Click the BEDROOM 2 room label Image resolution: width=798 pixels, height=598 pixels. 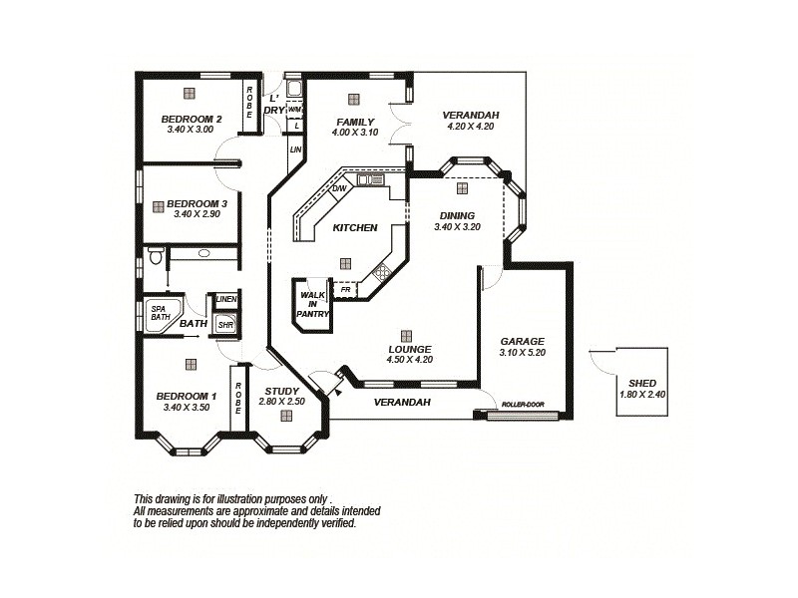(191, 118)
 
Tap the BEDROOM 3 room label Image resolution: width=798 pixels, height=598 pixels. (197, 202)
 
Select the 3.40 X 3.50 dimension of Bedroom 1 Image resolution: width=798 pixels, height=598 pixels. (186, 407)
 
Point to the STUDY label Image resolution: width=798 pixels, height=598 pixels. (280, 390)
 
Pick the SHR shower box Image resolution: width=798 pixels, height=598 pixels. (225, 324)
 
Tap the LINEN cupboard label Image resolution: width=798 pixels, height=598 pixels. (226, 299)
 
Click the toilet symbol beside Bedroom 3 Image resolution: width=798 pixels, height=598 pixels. (155, 256)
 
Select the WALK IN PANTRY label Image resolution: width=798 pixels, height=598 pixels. (312, 304)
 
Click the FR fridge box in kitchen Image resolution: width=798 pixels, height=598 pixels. (345, 290)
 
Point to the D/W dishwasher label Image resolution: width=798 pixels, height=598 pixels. (339, 188)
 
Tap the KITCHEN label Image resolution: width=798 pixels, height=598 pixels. (355, 227)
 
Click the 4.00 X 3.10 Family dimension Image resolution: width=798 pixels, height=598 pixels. (356, 133)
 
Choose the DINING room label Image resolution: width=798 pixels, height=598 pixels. (457, 215)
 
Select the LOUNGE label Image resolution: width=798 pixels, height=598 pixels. (409, 349)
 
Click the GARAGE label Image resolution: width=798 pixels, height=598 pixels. (522, 341)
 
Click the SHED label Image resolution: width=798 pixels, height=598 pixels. (641, 383)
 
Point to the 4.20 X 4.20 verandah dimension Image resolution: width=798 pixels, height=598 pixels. (471, 127)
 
